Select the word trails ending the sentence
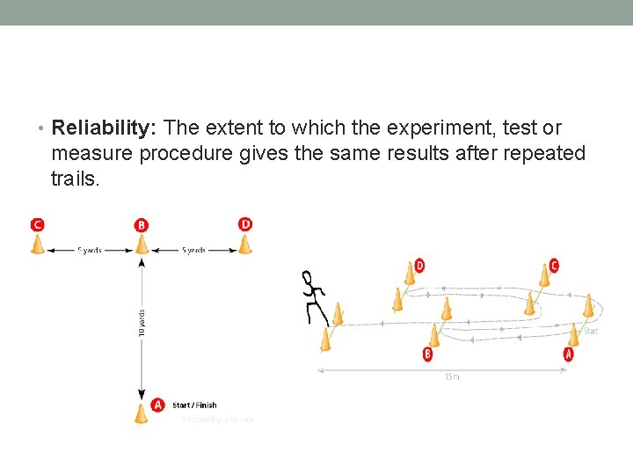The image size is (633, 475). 76,179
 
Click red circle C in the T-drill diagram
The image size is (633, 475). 37,224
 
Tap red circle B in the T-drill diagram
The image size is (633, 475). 142,225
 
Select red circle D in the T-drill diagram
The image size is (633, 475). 245,224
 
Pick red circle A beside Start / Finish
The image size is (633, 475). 158,405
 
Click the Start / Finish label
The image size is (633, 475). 194,406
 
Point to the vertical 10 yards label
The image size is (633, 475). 142,318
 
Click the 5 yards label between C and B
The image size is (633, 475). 90,251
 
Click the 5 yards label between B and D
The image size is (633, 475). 193,251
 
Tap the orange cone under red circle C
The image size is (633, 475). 38,244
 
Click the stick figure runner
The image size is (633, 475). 314,297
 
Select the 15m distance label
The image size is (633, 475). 450,376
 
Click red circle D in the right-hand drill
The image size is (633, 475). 418,265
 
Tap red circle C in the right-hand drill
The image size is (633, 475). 553,265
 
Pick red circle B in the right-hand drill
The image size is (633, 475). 427,354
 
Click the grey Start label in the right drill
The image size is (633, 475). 591,332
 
